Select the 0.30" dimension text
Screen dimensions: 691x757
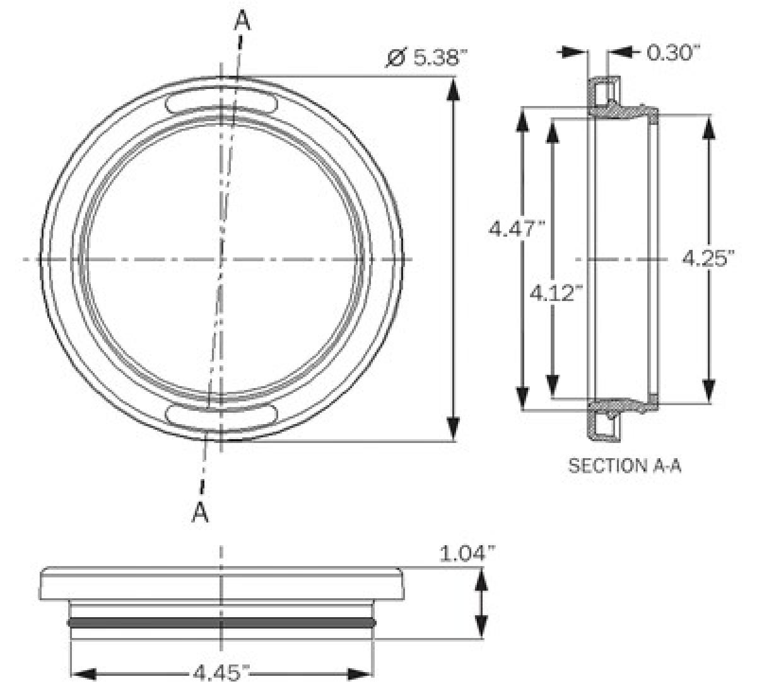tap(673, 52)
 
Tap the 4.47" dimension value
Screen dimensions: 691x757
tap(517, 228)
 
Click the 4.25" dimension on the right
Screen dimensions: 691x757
tap(708, 258)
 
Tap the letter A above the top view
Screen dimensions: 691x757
tap(242, 21)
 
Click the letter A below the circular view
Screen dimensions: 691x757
tap(200, 512)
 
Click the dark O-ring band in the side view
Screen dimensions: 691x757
tap(221, 623)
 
